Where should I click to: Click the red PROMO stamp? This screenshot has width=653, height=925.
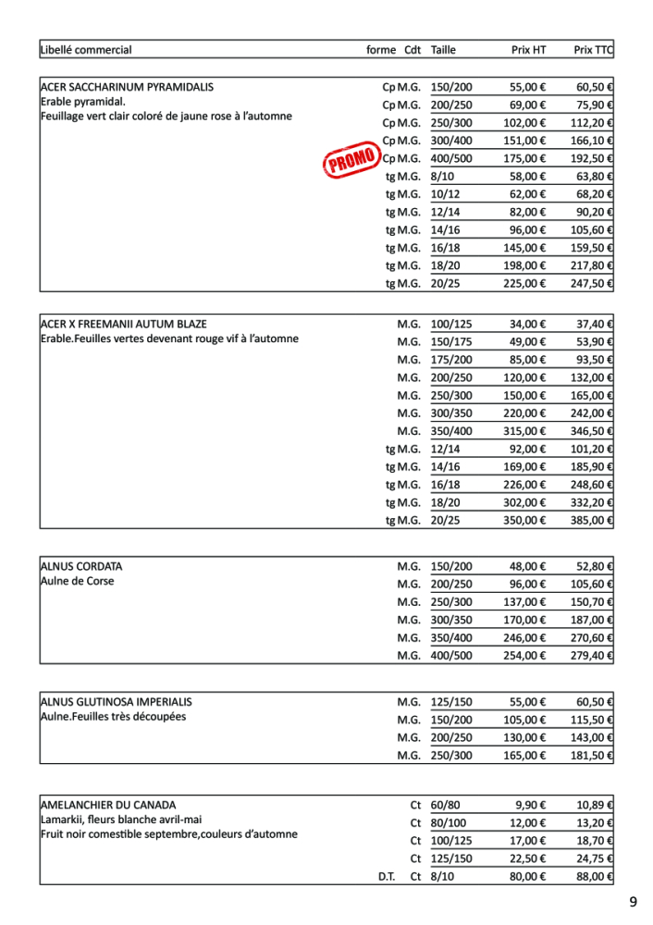coord(352,159)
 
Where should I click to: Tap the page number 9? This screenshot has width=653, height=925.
coord(633,902)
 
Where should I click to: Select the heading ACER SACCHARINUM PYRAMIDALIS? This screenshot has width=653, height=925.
coord(128,87)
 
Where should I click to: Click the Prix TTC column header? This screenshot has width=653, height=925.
coord(594,50)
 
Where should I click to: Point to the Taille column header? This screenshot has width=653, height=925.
coord(443,50)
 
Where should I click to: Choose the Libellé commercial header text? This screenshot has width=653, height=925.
coord(86,50)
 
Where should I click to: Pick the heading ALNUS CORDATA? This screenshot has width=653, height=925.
coord(81,566)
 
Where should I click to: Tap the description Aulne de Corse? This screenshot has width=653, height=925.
coord(78,582)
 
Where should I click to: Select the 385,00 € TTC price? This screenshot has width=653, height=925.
coord(594,521)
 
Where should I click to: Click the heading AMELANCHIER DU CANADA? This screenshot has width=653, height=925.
coord(108,806)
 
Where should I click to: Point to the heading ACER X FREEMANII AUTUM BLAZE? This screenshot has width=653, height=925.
coord(124,325)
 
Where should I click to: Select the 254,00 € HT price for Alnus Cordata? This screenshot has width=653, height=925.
coord(524,655)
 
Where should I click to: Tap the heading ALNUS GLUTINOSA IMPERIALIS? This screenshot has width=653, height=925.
coord(117,702)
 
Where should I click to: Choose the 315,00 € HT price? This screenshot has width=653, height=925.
coord(524,431)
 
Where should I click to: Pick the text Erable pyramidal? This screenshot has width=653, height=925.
coord(83,102)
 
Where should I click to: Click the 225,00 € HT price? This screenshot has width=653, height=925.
coord(524,283)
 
